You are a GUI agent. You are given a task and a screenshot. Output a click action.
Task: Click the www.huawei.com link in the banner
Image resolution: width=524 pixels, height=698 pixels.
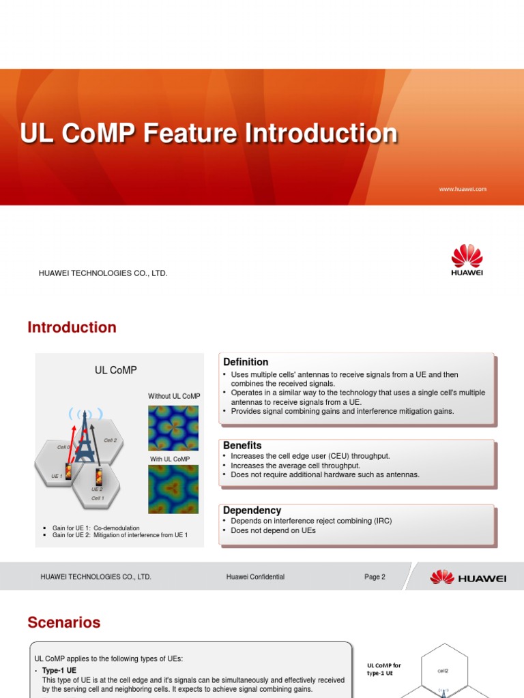click(463, 189)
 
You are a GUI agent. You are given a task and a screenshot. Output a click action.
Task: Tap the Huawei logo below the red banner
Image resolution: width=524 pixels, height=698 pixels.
click(467, 261)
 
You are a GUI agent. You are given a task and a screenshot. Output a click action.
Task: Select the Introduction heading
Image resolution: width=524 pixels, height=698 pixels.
click(72, 327)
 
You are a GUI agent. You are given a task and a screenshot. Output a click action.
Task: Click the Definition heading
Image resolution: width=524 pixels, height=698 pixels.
click(246, 362)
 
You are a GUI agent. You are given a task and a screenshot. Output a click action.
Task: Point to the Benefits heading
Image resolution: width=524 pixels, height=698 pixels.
click(242, 445)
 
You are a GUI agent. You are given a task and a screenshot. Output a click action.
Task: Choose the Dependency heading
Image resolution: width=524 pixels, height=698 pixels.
click(252, 510)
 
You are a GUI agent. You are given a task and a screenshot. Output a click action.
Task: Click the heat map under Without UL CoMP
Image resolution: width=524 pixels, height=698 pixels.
click(173, 428)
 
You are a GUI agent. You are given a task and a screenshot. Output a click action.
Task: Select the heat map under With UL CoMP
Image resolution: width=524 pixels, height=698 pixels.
click(173, 489)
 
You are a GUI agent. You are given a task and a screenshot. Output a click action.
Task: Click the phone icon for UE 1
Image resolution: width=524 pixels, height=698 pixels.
click(68, 471)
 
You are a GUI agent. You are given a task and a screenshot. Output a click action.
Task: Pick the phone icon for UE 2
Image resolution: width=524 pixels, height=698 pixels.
click(99, 476)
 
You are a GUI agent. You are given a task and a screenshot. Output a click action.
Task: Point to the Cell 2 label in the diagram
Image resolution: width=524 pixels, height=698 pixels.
click(111, 440)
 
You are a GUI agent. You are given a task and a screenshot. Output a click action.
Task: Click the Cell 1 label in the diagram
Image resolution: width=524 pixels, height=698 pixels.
click(98, 498)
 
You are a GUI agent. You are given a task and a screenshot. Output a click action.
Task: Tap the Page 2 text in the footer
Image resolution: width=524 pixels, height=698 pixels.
click(375, 577)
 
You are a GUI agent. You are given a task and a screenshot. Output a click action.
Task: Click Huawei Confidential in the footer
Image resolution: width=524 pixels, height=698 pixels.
click(255, 577)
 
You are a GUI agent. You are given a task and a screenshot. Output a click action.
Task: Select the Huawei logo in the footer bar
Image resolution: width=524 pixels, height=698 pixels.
click(468, 577)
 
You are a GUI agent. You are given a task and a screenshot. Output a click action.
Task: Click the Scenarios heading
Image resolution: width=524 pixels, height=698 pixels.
click(63, 622)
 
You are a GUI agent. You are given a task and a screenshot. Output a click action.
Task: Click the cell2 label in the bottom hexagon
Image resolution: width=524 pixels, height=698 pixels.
click(443, 671)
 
